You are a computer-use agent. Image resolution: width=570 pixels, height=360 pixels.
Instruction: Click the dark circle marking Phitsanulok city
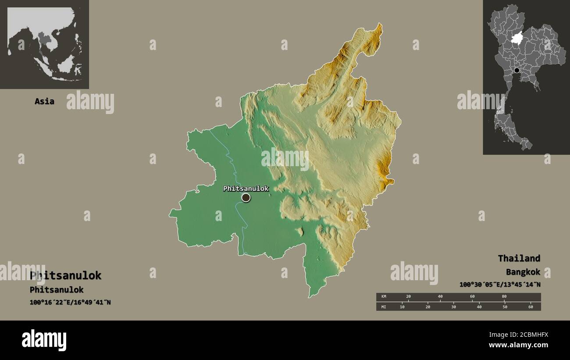tap(246, 198)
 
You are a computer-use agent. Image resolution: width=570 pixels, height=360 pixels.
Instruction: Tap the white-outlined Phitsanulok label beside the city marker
tap(246, 189)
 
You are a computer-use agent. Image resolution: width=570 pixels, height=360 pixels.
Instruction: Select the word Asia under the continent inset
tap(44, 101)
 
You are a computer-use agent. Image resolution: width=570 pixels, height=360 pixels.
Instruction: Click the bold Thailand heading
tap(519, 258)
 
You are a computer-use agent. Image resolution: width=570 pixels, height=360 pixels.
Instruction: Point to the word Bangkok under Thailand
tap(523, 272)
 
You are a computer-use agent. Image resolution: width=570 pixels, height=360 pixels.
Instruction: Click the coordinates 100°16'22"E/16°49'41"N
tap(70, 302)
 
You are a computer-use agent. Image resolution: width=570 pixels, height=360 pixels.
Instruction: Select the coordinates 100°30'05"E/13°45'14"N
tap(500, 285)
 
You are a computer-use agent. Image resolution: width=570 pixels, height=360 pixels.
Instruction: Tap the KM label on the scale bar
tap(384, 297)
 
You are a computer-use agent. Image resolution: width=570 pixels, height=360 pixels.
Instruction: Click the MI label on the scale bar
tap(384, 307)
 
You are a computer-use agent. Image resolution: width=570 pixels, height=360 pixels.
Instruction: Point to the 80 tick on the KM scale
tap(504, 297)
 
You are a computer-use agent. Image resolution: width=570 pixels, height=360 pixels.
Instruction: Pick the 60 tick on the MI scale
tap(531, 307)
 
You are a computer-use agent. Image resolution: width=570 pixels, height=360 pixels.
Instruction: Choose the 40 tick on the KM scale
tap(440, 297)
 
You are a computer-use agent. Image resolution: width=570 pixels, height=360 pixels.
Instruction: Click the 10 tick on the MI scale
tap(402, 307)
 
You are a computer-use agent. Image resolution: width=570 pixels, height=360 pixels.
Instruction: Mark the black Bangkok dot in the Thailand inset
tap(517, 70)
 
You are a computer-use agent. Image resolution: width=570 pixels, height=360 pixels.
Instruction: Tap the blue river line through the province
tap(237, 184)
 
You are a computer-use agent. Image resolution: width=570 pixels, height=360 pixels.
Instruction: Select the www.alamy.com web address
tap(519, 345)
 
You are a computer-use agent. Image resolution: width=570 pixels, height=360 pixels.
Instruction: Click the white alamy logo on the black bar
tap(44, 340)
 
